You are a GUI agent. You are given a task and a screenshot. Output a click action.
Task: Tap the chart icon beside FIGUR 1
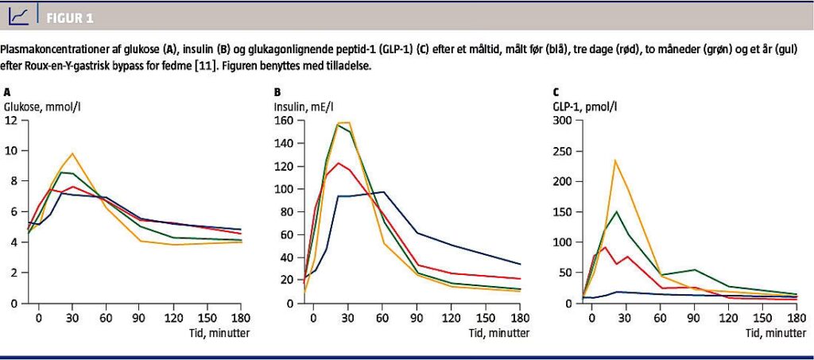click(x=24, y=15)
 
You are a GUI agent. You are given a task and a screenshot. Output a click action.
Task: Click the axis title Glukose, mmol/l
click(x=48, y=105)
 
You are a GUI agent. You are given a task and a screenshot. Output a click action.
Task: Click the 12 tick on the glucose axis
click(x=10, y=120)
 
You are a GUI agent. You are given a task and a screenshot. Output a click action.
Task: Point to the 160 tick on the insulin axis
click(x=284, y=120)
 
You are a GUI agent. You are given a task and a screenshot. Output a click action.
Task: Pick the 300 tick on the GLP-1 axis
click(x=563, y=120)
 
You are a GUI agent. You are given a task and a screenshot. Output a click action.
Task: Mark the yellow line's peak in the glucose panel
click(x=72, y=153)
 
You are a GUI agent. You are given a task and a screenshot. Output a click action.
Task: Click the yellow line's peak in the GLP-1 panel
click(x=614, y=161)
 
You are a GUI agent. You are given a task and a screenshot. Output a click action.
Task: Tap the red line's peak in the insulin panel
click(x=339, y=163)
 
